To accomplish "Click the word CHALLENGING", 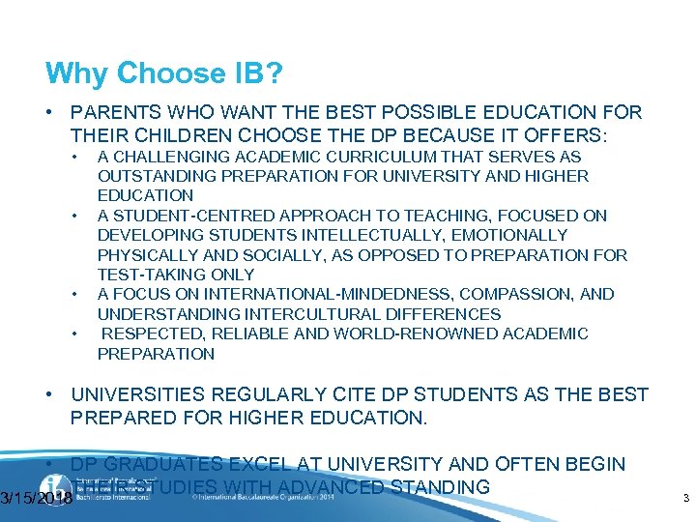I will [x=168, y=157].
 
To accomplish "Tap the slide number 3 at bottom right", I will [x=684, y=499].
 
